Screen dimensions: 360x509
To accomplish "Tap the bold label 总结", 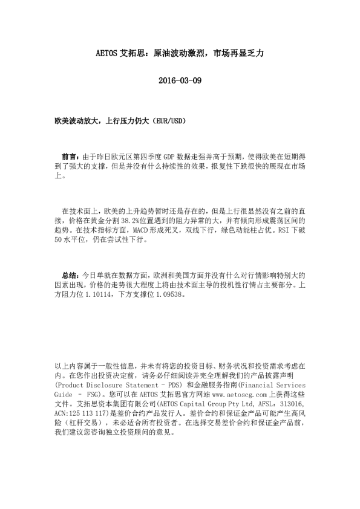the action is [x=70, y=274].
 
